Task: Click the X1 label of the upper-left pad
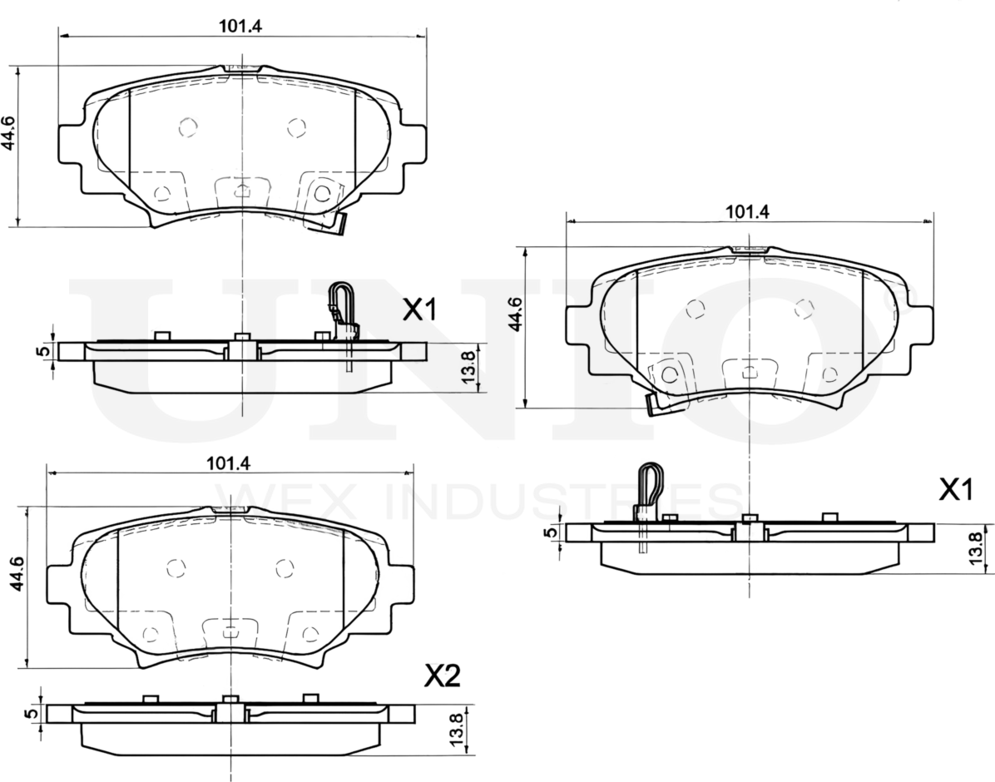pos(419,311)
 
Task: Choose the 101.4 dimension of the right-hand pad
pos(747,211)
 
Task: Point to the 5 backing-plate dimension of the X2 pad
pos(30,714)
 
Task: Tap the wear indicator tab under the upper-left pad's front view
pos(338,225)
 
